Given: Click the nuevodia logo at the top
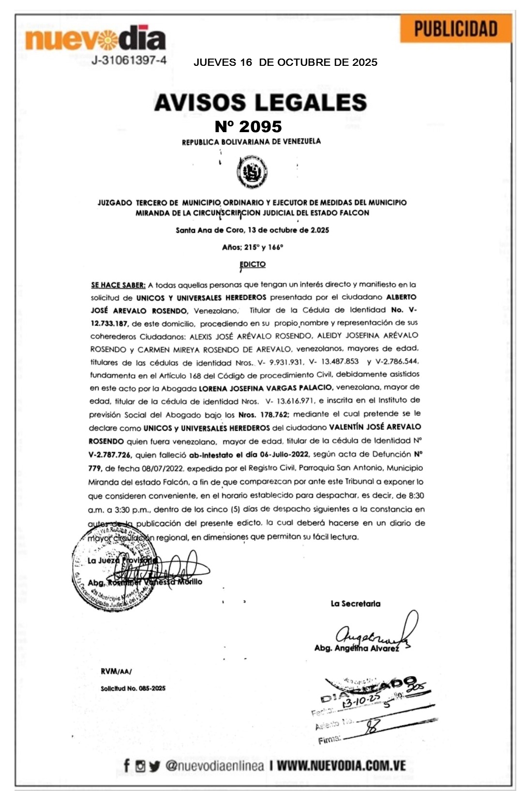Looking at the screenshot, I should pos(95,39).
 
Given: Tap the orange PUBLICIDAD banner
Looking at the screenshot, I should pos(456,29).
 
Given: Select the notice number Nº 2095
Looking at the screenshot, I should pos(248,126).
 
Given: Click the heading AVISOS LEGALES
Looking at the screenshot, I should pos(260,102).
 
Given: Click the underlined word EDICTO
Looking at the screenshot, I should pos(253,264).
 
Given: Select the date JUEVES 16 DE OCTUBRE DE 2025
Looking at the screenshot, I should pos(285,62).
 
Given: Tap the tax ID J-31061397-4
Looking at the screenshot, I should pos(129,61).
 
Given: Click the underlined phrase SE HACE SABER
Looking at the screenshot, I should pos(118,285).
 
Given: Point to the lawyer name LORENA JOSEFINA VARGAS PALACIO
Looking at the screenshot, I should pos(266,387).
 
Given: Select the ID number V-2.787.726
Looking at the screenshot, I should pos(110,455).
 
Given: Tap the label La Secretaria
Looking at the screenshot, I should pos(356,604).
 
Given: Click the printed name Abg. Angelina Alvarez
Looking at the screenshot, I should pos(357,648).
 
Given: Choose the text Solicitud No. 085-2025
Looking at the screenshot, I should pos(133,688).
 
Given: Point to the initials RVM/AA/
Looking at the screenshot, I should pos(116,671).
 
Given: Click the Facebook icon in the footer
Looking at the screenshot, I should pos(127,766).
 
